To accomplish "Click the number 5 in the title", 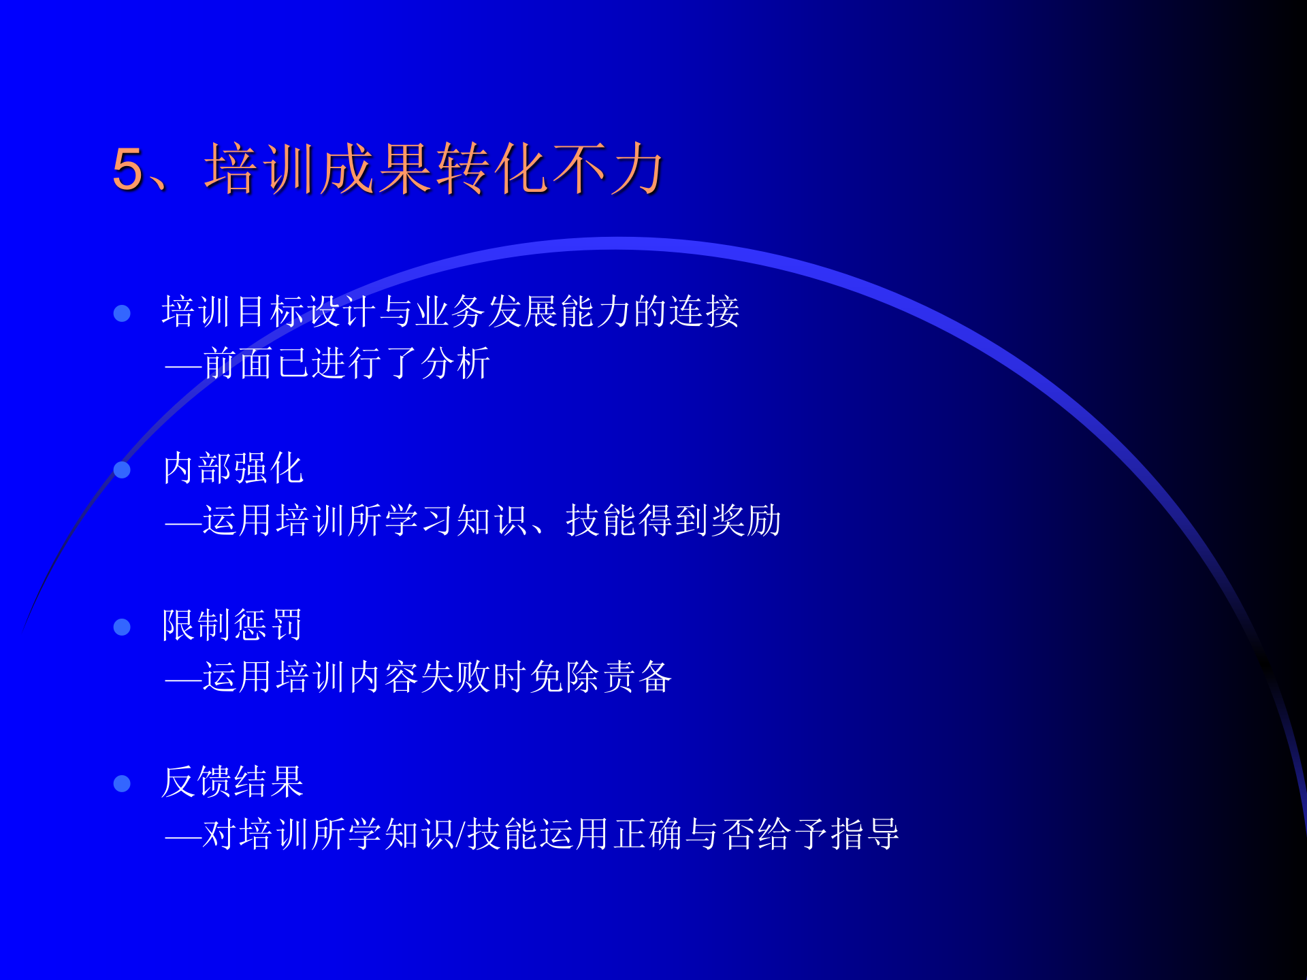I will tap(128, 169).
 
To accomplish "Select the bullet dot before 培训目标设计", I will tap(122, 313).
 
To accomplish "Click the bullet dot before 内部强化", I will tap(122, 470).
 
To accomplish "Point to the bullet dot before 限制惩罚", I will tap(122, 627).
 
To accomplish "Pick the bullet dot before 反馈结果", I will tap(122, 784).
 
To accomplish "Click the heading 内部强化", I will tap(233, 468).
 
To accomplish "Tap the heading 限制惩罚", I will tap(233, 625).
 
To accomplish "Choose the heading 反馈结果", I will tap(233, 781).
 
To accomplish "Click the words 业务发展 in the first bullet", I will tap(487, 312).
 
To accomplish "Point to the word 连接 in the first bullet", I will tap(705, 312).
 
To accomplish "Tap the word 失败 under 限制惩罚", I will tap(456, 677).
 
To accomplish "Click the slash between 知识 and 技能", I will tap(461, 834).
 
